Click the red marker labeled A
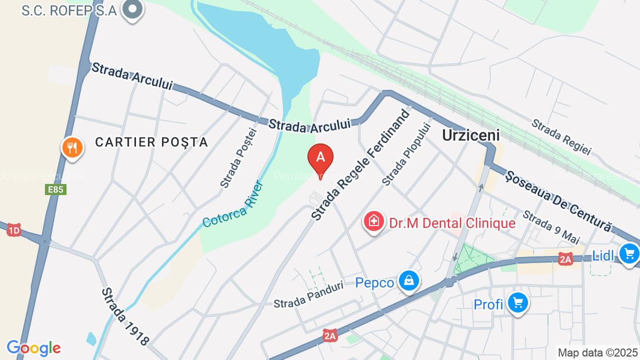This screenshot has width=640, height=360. [x=321, y=157]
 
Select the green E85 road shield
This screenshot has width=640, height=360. [x=59, y=190]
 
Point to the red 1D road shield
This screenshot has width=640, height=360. [x=13, y=230]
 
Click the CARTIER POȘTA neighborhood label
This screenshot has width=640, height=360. [x=151, y=142]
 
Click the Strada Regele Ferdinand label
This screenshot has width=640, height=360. [x=361, y=165]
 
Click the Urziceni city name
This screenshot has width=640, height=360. [x=471, y=135]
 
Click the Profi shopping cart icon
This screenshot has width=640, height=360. [x=517, y=303]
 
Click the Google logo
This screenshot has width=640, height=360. [x=34, y=348]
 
